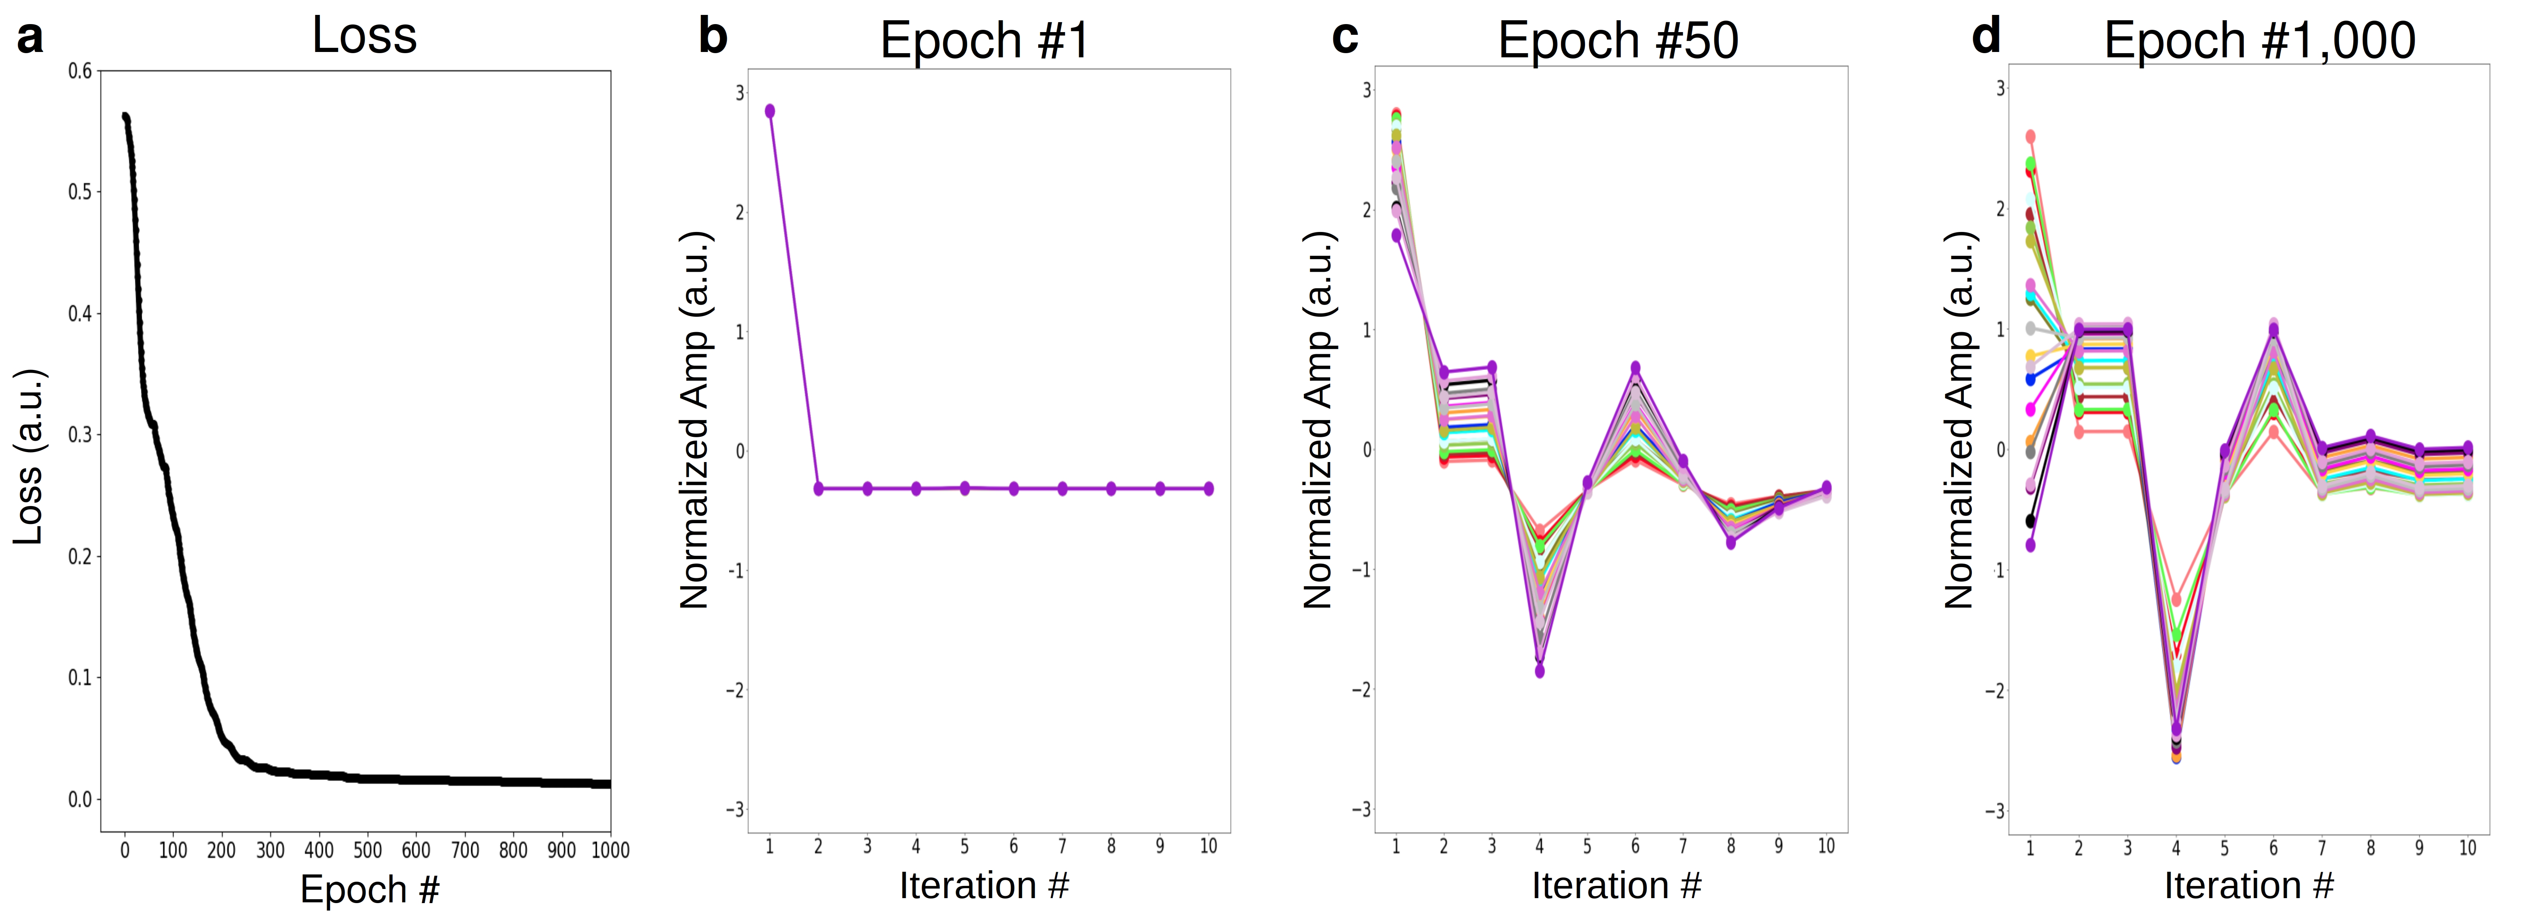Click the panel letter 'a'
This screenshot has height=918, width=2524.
coord(29,39)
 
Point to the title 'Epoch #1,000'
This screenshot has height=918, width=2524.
coord(2260,41)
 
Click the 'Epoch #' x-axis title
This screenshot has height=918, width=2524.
coord(370,890)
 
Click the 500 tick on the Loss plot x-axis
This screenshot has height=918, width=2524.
coord(368,850)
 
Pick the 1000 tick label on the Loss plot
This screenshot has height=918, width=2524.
coord(610,850)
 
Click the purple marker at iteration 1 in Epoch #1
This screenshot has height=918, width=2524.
coord(770,111)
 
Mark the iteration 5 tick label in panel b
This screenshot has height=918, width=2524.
coord(964,847)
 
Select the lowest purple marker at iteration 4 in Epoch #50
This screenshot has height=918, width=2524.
coord(1539,671)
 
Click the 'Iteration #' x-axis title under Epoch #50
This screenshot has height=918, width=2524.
coord(1617,886)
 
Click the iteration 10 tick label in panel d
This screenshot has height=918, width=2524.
coord(2467,848)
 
